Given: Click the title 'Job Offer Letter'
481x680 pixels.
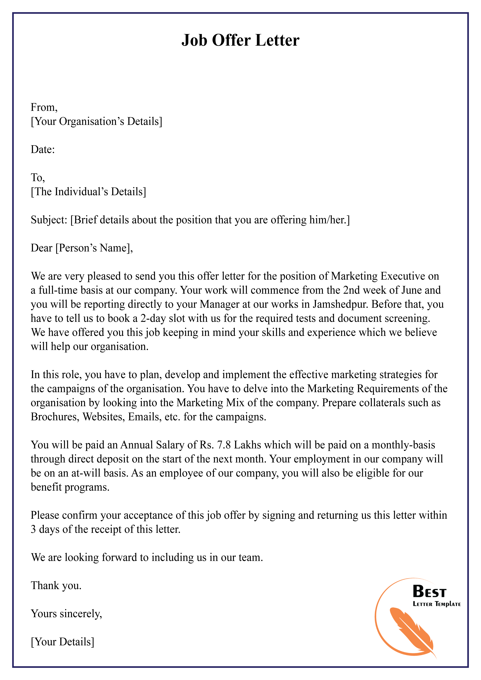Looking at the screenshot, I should [240, 40].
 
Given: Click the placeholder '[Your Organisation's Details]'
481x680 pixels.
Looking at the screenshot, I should [97, 121].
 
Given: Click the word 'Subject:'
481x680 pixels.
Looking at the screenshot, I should [49, 220].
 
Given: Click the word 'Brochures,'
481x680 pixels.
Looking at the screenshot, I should [55, 417].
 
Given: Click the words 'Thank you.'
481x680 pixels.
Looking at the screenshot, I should [56, 586].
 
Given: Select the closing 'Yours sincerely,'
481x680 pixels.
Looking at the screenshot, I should [66, 614].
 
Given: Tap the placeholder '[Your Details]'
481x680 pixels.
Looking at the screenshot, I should [62, 642].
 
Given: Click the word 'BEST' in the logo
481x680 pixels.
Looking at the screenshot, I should [429, 592].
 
